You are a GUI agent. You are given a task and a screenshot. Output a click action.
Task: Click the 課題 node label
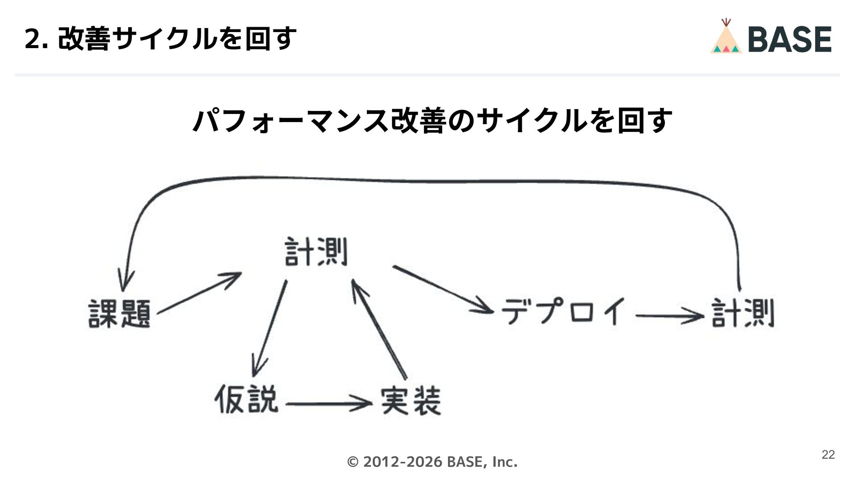(x=119, y=314)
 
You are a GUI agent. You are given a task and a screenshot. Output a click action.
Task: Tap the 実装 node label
(x=410, y=401)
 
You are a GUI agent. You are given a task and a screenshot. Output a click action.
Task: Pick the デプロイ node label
(x=563, y=311)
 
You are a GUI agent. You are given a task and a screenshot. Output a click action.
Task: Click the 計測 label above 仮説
(x=316, y=252)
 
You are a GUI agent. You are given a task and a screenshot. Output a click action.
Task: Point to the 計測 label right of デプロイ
(x=742, y=313)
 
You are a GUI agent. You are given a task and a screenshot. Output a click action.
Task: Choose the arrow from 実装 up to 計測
(x=379, y=330)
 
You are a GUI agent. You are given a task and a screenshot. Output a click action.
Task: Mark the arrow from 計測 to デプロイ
(x=443, y=289)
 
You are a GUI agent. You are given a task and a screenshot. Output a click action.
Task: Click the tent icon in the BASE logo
(x=726, y=37)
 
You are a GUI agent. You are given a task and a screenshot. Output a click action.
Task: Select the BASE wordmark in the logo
(x=790, y=39)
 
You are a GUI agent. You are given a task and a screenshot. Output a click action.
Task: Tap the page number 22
(x=828, y=455)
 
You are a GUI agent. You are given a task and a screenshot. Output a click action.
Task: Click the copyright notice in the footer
(x=432, y=462)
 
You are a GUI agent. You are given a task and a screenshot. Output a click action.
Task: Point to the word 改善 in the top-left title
(x=84, y=39)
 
